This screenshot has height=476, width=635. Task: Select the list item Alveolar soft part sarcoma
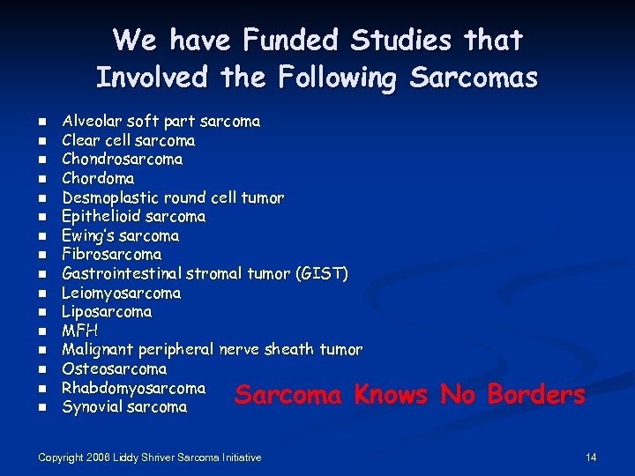[161, 121]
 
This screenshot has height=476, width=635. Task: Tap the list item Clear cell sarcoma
[129, 140]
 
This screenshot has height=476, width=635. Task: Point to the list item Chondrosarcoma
[123, 160]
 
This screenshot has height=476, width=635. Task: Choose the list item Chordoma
[98, 178]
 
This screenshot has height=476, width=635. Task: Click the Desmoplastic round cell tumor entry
[173, 197]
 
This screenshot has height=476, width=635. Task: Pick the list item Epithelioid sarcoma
[133, 217]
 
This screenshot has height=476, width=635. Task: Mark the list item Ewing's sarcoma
[120, 236]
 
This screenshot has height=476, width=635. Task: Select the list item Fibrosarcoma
[112, 255]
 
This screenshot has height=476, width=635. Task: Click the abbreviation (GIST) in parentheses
[322, 274]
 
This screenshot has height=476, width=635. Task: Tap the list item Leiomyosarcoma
[122, 293]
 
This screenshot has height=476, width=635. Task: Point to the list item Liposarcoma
[107, 312]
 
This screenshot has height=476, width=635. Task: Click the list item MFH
[80, 331]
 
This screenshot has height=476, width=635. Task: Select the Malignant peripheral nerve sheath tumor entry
[212, 350]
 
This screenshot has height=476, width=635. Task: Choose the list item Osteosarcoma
[114, 368]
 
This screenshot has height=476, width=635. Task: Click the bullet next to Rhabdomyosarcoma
[41, 389]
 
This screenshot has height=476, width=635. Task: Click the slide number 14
[591, 457]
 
